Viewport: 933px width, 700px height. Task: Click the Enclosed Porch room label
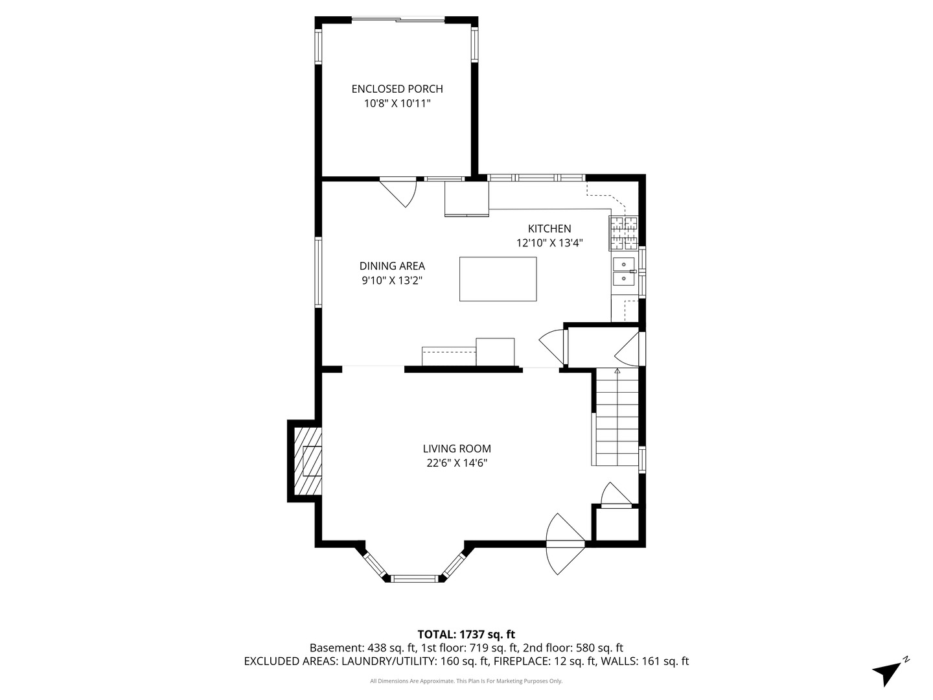coord(397,89)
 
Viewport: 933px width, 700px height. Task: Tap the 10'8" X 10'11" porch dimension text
coord(397,103)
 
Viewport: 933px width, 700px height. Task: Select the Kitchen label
coord(549,229)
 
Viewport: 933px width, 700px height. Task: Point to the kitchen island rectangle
coord(498,279)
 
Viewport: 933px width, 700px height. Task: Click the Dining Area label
coord(392,266)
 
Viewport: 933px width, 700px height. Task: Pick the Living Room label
coord(457,449)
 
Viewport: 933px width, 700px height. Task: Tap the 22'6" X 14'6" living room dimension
coord(457,463)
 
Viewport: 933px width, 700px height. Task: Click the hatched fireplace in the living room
coord(308,461)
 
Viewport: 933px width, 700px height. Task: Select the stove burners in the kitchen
coord(623,233)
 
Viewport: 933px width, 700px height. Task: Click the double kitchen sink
coord(623,271)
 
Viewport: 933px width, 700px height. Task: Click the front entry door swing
coord(565,544)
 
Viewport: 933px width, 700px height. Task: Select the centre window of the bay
coord(413,578)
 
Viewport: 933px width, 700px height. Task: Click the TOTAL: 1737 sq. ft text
coord(466,635)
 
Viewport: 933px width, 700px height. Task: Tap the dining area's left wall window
coord(318,272)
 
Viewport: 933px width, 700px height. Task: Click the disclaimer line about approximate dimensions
coord(466,681)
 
